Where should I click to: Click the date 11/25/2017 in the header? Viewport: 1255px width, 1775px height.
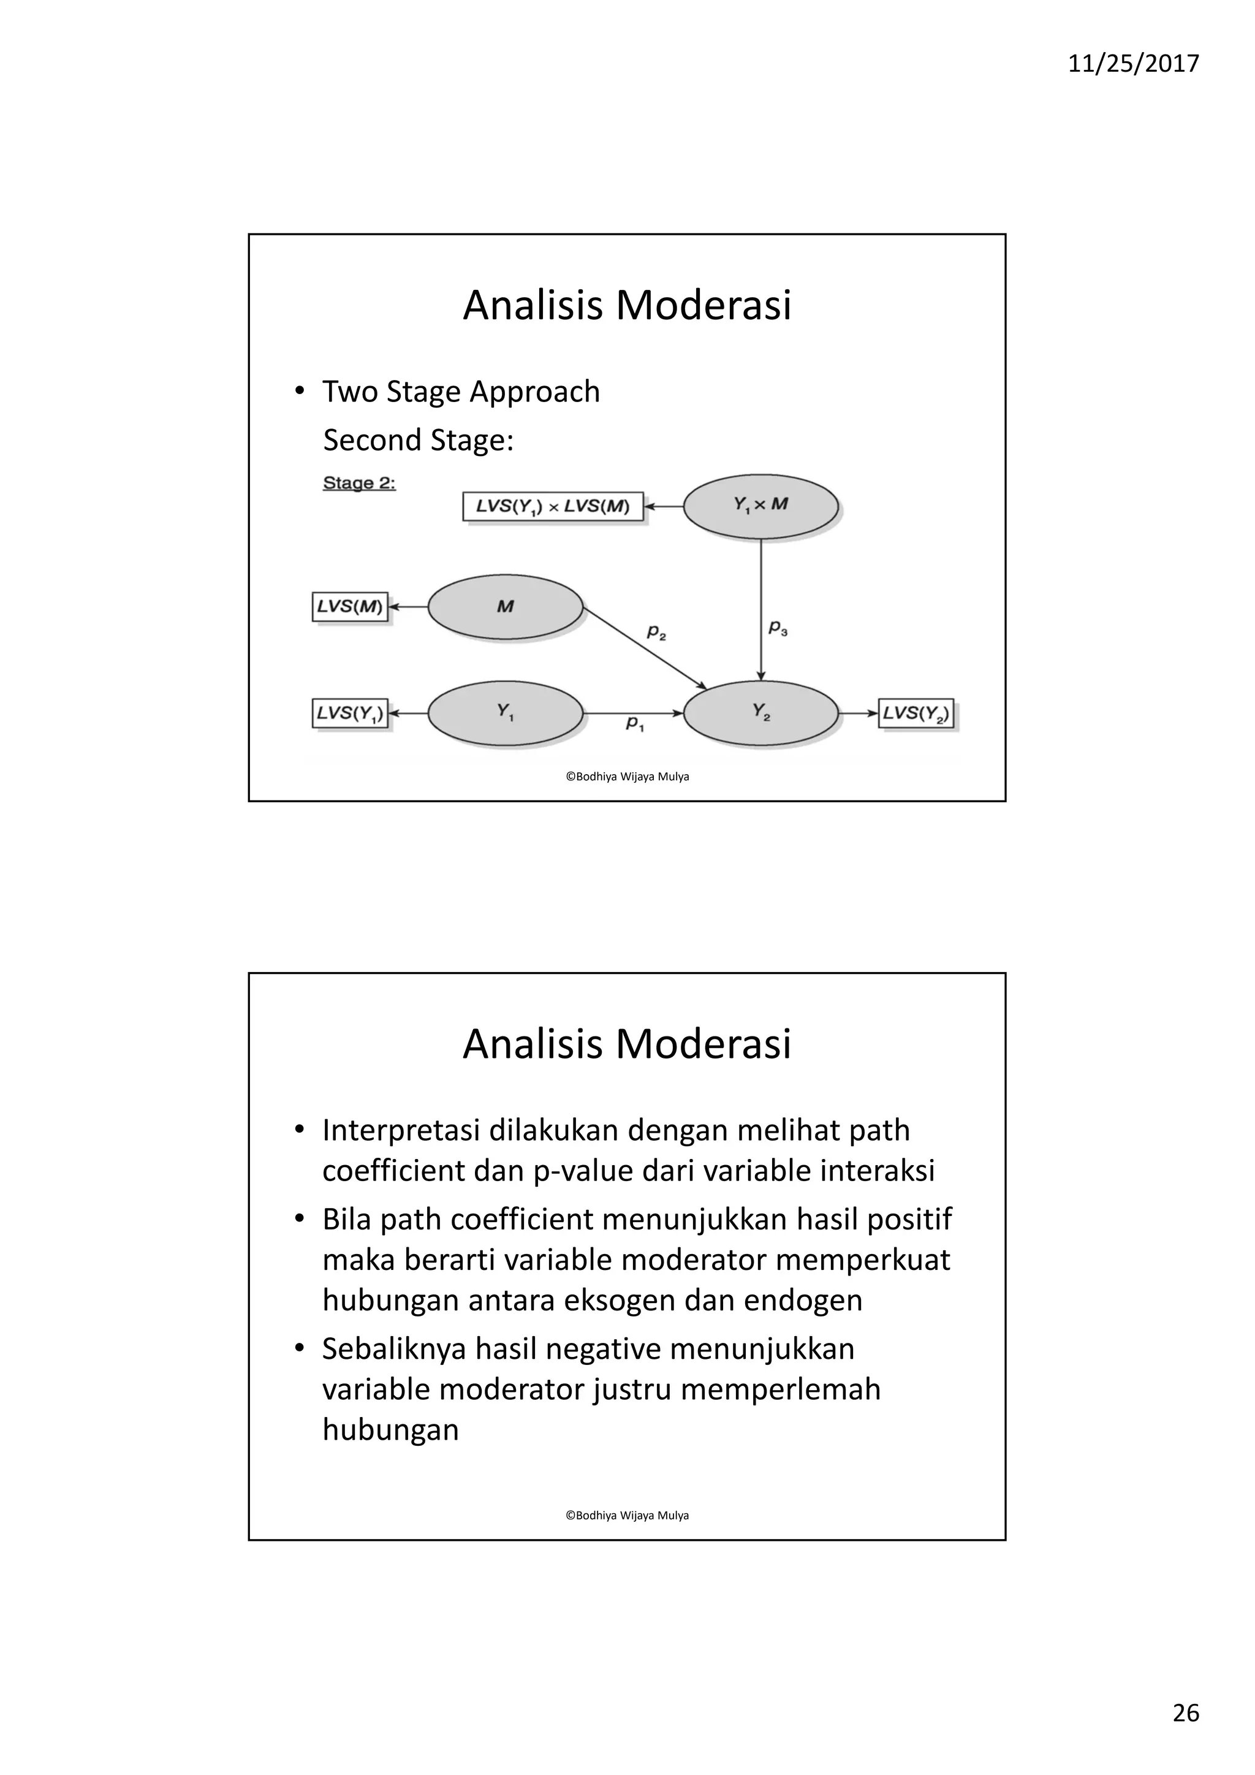tap(1133, 63)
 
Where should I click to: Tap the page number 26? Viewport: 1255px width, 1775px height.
tap(1186, 1712)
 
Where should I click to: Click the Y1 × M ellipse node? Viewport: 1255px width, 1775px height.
tap(760, 506)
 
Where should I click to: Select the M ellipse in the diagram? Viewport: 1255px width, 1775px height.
tap(506, 607)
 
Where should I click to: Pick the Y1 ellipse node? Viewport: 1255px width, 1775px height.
tap(506, 713)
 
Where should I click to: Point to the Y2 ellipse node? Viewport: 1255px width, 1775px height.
tap(760, 713)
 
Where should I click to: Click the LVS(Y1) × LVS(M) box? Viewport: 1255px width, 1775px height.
tap(553, 506)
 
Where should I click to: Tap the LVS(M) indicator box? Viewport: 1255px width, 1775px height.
tap(350, 607)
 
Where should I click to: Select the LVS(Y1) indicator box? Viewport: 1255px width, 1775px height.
tap(350, 713)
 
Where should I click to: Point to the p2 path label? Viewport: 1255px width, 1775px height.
tap(656, 633)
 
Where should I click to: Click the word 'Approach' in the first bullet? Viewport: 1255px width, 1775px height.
tap(535, 392)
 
